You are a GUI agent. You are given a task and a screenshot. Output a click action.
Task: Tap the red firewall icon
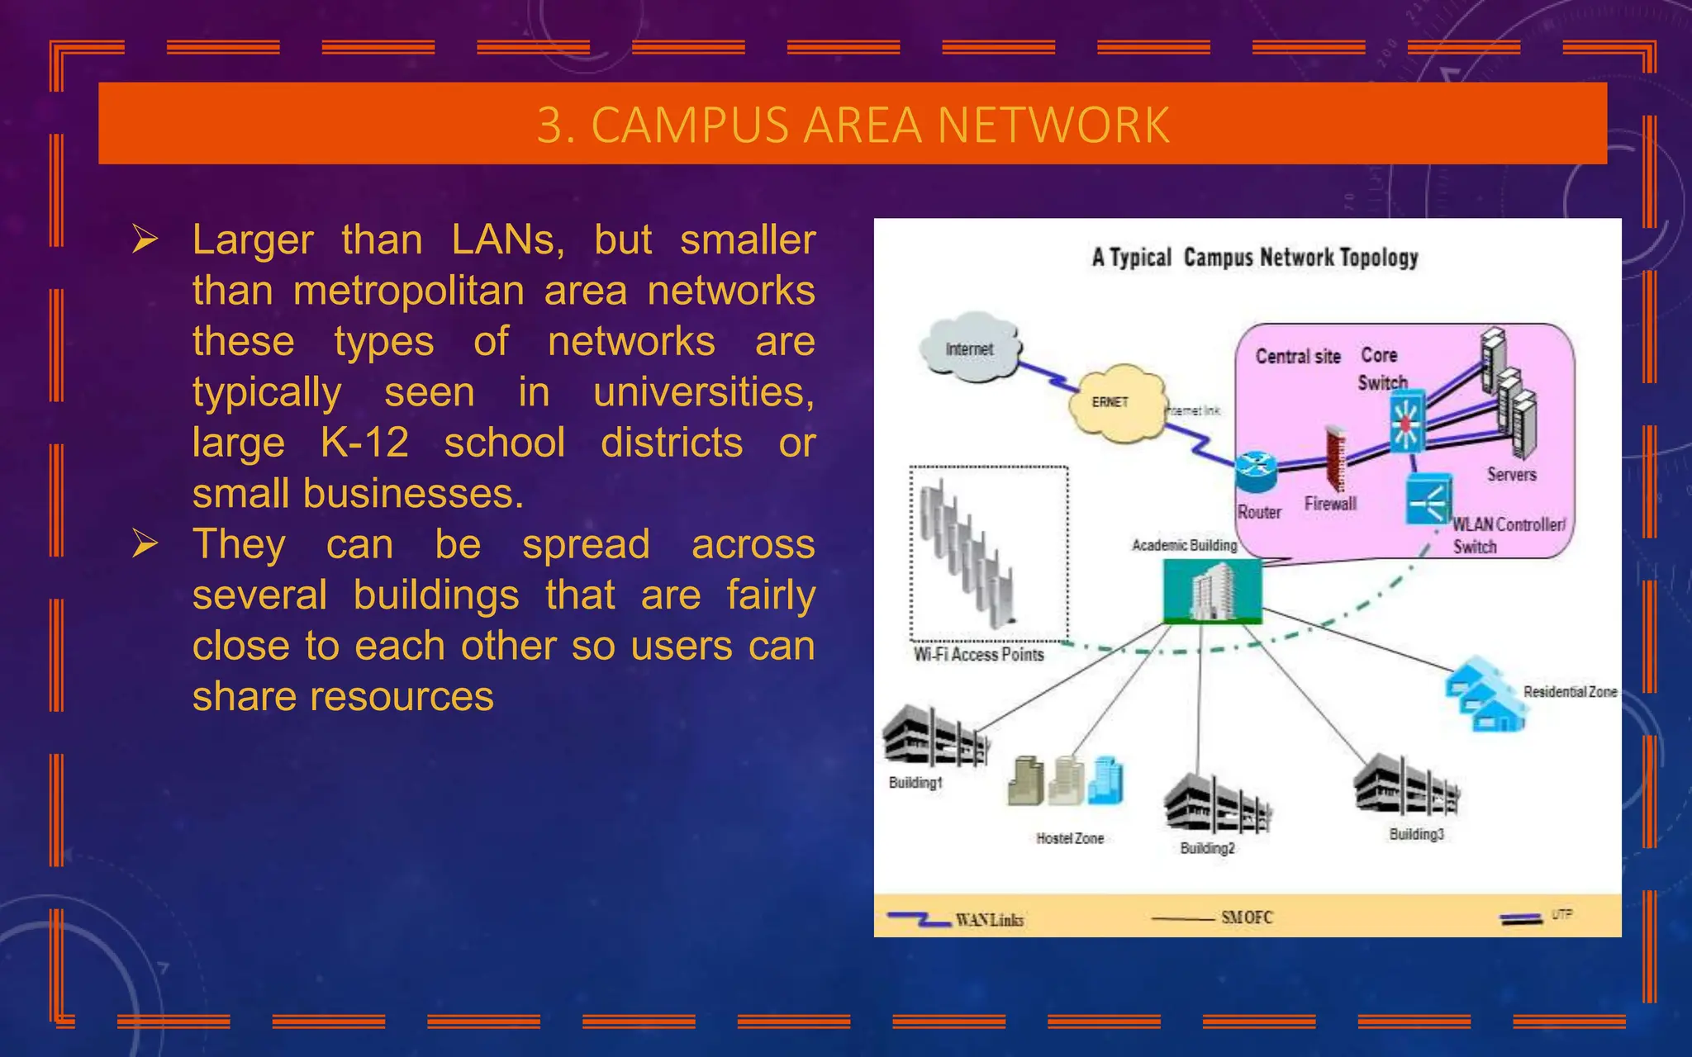click(1335, 459)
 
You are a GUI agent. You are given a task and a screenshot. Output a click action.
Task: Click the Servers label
click(1511, 475)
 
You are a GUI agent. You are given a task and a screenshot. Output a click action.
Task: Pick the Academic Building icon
click(1212, 590)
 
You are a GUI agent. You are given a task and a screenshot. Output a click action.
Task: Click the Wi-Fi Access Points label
click(978, 655)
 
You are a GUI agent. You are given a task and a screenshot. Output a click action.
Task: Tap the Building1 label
click(915, 782)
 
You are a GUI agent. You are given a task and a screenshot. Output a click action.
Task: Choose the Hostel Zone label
click(1070, 838)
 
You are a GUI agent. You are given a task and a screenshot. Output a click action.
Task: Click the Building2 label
click(1207, 848)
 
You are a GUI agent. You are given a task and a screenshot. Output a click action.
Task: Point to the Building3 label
click(1416, 834)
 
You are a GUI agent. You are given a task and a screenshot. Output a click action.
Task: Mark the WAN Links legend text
click(989, 920)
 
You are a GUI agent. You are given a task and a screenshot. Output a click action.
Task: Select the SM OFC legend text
click(1247, 917)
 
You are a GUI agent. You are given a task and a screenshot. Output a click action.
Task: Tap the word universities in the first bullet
click(703, 392)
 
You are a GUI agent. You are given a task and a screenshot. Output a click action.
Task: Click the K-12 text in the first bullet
click(364, 443)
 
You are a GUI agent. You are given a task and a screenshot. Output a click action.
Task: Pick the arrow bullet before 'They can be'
click(145, 544)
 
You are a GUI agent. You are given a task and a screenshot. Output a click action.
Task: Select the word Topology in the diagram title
click(1379, 258)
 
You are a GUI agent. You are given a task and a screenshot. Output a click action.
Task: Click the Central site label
click(1298, 357)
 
